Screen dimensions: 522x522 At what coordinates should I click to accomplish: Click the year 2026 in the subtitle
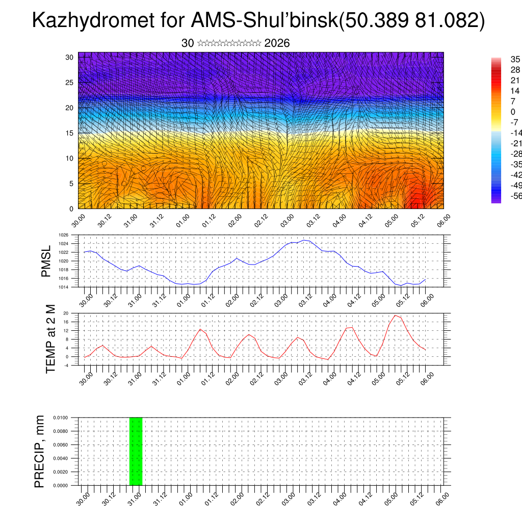(277, 43)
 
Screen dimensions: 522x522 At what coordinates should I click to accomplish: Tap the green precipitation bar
(136, 451)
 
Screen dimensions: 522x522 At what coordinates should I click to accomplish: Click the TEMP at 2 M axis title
(50, 339)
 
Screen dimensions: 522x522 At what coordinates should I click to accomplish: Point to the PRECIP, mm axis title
(39, 451)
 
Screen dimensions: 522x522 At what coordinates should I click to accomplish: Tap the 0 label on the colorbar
(513, 112)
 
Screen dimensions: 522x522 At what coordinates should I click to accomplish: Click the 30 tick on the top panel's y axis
(69, 57)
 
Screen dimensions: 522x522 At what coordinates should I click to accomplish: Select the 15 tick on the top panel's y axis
(69, 133)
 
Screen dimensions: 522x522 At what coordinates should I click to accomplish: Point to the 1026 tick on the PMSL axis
(64, 235)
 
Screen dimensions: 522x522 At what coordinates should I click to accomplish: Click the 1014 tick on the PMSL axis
(64, 287)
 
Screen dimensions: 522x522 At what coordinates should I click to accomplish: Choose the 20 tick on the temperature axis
(66, 313)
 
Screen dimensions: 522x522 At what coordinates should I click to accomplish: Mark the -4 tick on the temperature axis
(66, 365)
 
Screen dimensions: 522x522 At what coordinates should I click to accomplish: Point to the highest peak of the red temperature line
(395, 315)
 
